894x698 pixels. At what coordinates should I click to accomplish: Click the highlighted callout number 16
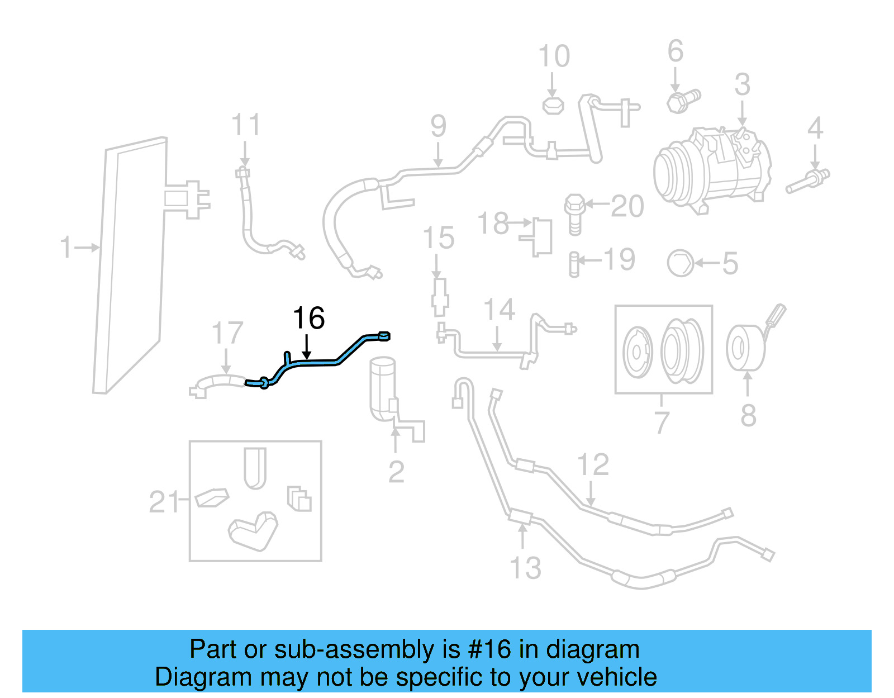pos(308,319)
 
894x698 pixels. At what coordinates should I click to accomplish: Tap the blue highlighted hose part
pos(318,363)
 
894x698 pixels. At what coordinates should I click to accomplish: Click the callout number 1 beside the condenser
pos(66,247)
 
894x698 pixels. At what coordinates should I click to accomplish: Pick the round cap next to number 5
pos(681,263)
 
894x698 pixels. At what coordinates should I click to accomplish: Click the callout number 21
pos(163,501)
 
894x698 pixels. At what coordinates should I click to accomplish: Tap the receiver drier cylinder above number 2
pos(383,386)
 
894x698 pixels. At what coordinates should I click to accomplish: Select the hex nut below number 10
pos(553,106)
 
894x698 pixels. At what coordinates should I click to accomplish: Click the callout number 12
pos(592,465)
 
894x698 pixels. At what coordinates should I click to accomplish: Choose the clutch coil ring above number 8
pos(745,348)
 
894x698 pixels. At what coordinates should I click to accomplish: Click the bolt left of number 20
pos(574,212)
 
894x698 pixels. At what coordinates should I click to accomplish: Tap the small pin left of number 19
pos(574,264)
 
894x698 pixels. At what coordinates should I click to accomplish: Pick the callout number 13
pos(525,568)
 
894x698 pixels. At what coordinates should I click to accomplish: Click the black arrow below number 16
pos(306,347)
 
